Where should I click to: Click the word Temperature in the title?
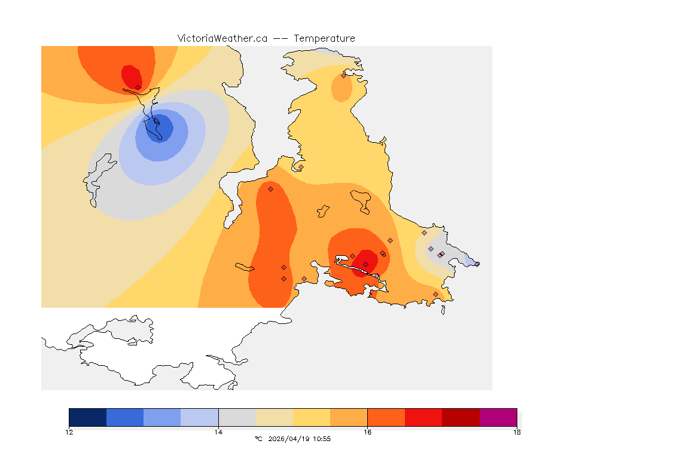point(324,38)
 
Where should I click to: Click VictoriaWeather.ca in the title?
point(222,38)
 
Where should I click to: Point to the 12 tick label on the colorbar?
point(69,432)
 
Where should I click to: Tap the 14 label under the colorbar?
point(218,432)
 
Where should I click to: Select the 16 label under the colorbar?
point(367,432)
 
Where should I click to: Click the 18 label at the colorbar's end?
point(516,432)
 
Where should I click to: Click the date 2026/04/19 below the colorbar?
point(287,439)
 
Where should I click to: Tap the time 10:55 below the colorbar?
point(322,439)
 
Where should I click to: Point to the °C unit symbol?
point(258,439)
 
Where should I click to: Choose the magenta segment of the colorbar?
point(498,417)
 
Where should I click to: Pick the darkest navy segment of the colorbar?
point(88,417)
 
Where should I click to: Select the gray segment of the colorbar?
point(237,417)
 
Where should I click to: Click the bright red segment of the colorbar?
point(423,417)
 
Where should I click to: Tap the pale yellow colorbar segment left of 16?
point(311,417)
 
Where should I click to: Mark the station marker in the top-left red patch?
point(138,87)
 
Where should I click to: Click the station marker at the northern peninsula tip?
point(343,75)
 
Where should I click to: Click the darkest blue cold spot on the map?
point(160,128)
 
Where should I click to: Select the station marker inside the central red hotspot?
point(365,264)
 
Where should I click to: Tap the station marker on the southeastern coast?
point(435,294)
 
